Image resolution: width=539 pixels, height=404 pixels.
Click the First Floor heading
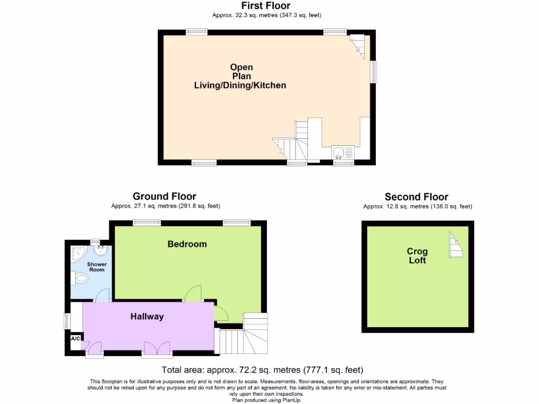[x=266, y=6]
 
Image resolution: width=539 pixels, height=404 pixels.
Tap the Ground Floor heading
[x=164, y=197]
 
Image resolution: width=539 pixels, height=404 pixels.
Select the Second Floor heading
[x=416, y=197]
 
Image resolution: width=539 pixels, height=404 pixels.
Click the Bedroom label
[x=187, y=244]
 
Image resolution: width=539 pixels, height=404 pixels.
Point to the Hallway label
[x=147, y=317]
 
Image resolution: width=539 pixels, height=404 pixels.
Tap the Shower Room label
[x=97, y=267]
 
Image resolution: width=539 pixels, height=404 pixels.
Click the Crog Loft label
[x=417, y=256]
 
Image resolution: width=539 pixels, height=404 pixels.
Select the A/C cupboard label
[x=75, y=338]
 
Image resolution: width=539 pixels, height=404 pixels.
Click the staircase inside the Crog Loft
[x=456, y=245]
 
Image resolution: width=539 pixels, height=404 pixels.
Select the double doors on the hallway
[x=156, y=348]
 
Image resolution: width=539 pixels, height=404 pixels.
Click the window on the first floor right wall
[x=374, y=72]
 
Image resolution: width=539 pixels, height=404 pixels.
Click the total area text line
[x=262, y=370]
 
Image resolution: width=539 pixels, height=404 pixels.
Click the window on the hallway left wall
[x=67, y=321]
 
